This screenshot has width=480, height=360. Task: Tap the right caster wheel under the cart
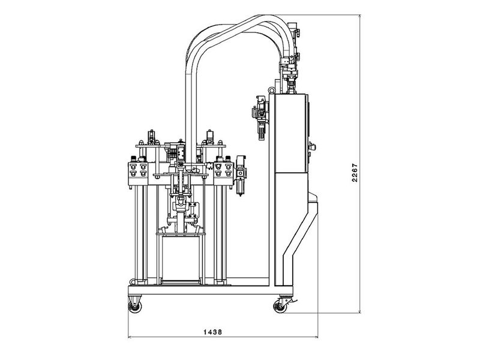(280, 307)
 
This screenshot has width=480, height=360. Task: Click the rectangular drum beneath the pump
(179, 258)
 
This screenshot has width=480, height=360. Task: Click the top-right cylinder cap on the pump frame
(211, 134)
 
